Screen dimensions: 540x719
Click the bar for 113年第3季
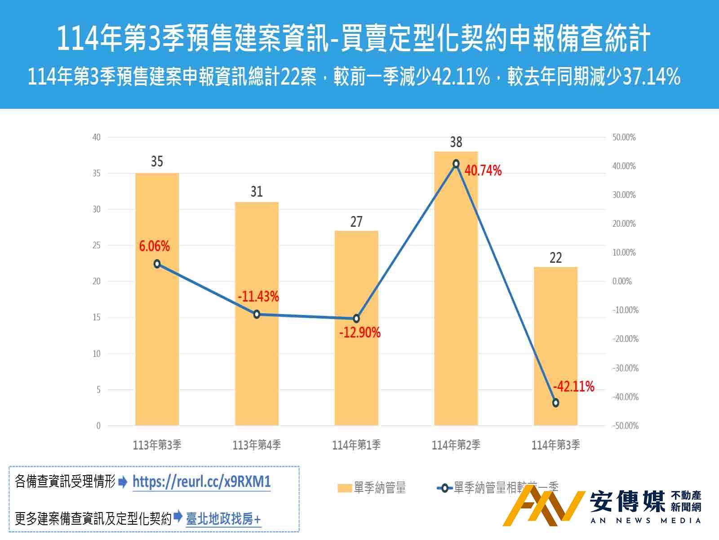157,342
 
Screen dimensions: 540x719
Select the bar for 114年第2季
456,315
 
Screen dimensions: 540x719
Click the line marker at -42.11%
555,403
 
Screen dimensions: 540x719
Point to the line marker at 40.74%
456,164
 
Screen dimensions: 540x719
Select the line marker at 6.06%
157,264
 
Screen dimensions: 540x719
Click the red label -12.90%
359,333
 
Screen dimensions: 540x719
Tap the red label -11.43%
258,297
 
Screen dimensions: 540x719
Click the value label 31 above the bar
257,192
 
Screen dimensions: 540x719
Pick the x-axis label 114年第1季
356,445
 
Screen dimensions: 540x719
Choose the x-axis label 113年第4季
257,445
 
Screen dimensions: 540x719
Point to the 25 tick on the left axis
97,246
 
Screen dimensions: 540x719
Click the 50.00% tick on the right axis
624,137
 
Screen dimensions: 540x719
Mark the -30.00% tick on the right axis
625,368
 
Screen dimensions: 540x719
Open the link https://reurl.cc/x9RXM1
201,482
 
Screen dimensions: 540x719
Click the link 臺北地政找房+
223,519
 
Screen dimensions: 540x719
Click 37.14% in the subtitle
652,77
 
